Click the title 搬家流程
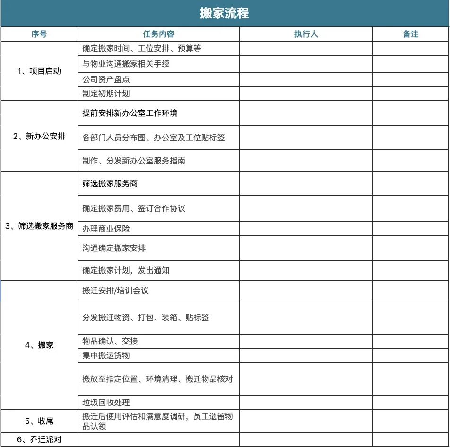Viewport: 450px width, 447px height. click(x=224, y=13)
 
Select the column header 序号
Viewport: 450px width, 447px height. click(x=39, y=34)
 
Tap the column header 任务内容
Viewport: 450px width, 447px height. click(x=159, y=34)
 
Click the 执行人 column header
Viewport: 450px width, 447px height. click(x=306, y=34)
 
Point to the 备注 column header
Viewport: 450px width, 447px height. click(x=411, y=34)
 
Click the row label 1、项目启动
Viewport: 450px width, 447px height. click(x=39, y=71)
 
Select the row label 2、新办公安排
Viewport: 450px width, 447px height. click(x=39, y=137)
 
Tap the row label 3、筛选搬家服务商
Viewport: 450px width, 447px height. click(x=39, y=226)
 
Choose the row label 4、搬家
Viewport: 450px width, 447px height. click(x=39, y=345)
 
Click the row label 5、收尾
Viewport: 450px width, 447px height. click(x=39, y=421)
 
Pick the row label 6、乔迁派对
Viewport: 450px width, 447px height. click(x=39, y=439)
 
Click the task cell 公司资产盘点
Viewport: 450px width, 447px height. click(x=106, y=79)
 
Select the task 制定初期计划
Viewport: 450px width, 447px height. click(x=106, y=94)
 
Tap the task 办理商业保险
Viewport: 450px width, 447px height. click(x=106, y=229)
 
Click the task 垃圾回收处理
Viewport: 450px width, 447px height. click(x=106, y=403)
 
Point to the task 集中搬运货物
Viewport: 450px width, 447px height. click(x=106, y=355)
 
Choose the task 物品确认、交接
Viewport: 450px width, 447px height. click(x=110, y=341)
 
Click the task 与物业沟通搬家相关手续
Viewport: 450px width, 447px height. click(x=126, y=64)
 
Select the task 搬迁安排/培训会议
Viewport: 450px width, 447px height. click(x=115, y=291)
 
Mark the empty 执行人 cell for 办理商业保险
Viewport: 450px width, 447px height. click(x=306, y=229)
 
